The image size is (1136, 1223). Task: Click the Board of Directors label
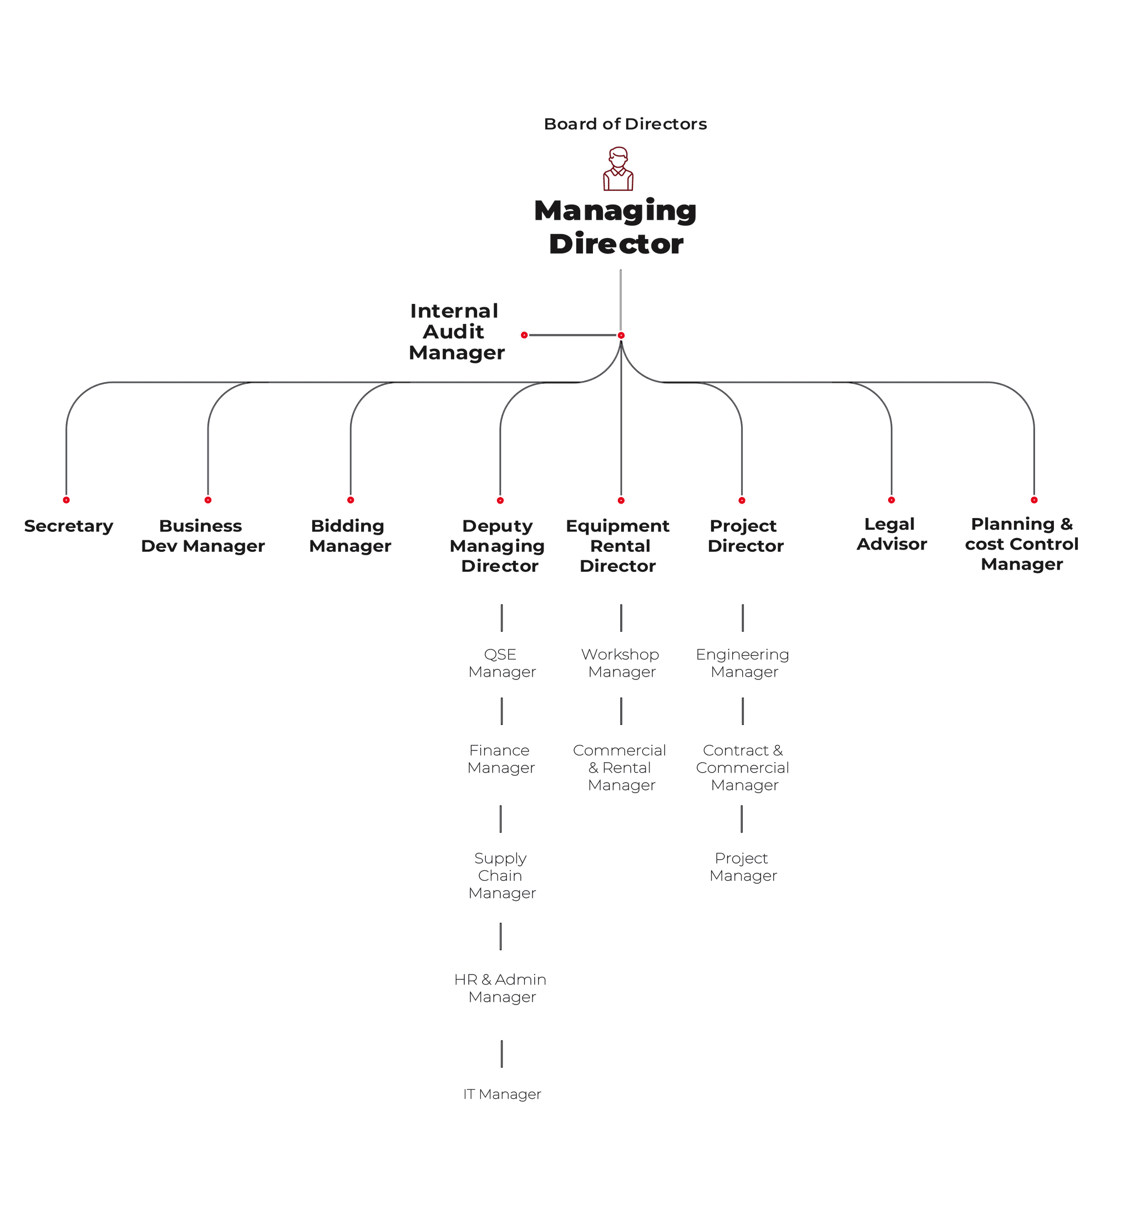pos(625,124)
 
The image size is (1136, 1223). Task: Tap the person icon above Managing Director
pos(618,169)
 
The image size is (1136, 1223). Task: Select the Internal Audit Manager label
pos(456,332)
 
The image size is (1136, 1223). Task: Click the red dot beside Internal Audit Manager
pos(524,335)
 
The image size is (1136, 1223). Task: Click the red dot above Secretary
pos(67,500)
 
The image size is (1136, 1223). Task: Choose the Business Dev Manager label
pos(203,536)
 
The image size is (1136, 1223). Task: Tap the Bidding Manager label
pos(350,536)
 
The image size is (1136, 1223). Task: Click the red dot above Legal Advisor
pos(891,500)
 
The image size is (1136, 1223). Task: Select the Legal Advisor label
pos(891,534)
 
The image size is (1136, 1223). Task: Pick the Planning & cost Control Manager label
pos(1022,544)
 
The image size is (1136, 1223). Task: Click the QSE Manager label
pos(501,663)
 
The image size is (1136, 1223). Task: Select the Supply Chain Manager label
pos(501,876)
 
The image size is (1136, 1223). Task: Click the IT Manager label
pos(502,1094)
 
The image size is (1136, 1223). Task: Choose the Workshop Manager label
pos(620,663)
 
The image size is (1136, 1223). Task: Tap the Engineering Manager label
pos(743,663)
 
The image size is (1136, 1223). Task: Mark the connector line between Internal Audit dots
pos(573,335)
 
